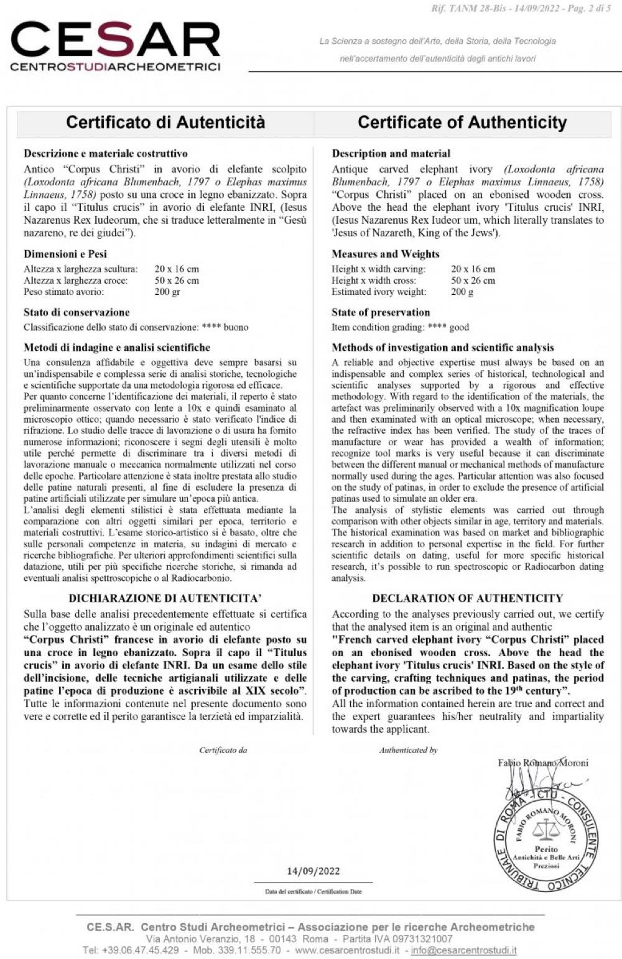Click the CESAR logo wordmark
point(116,41)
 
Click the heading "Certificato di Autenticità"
point(165,122)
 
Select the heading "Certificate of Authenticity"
point(462,122)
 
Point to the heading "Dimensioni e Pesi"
point(65,254)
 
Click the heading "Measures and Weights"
point(386,254)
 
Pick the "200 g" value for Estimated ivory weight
point(462,292)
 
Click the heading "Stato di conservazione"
point(77,312)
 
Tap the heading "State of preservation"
point(381,312)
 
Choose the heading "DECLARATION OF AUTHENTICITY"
point(468,598)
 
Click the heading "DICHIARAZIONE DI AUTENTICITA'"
point(165,598)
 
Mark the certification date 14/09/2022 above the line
point(313,871)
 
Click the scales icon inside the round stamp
point(546,828)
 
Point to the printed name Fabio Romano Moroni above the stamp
point(543,763)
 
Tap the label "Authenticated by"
point(409,750)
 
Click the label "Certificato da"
point(223,750)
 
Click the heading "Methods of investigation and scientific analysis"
point(443,348)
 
